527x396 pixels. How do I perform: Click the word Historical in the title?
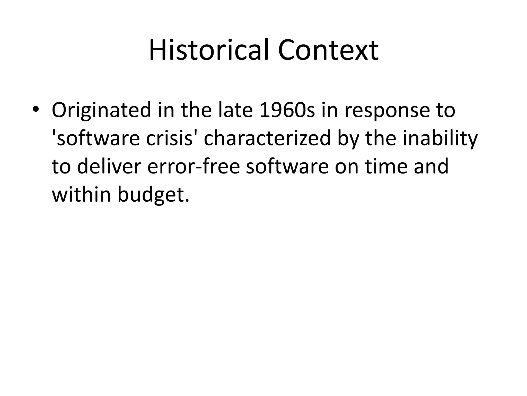coord(209,50)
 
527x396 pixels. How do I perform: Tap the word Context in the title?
coord(328,50)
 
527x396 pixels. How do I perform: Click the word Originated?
coord(101,110)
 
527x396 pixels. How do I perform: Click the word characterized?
coord(267,138)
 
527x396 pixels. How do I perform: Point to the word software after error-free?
coord(287,167)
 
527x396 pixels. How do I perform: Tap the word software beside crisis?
coord(98,138)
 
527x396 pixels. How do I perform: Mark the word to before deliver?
coord(61,167)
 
